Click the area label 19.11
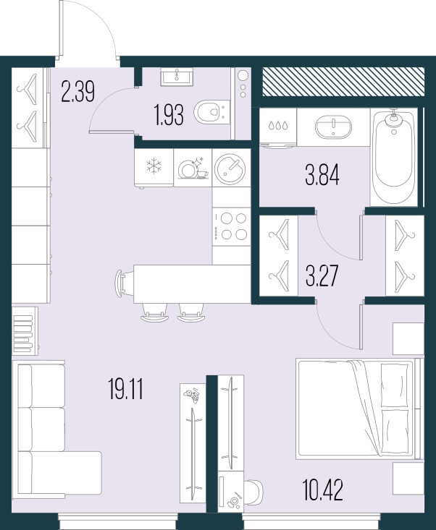pyautogui.click(x=125, y=391)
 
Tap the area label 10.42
pyautogui.click(x=322, y=491)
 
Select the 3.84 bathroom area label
pyautogui.click(x=322, y=175)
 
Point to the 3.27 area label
pyautogui.click(x=322, y=278)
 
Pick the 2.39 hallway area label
pyautogui.click(x=78, y=93)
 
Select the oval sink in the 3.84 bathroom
pyautogui.click(x=334, y=129)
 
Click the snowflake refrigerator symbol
pyautogui.click(x=154, y=167)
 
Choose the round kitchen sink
pyautogui.click(x=231, y=168)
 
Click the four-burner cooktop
pyautogui.click(x=231, y=226)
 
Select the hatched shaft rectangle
pyautogui.click(x=342, y=82)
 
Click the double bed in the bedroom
pyautogui.click(x=356, y=409)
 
